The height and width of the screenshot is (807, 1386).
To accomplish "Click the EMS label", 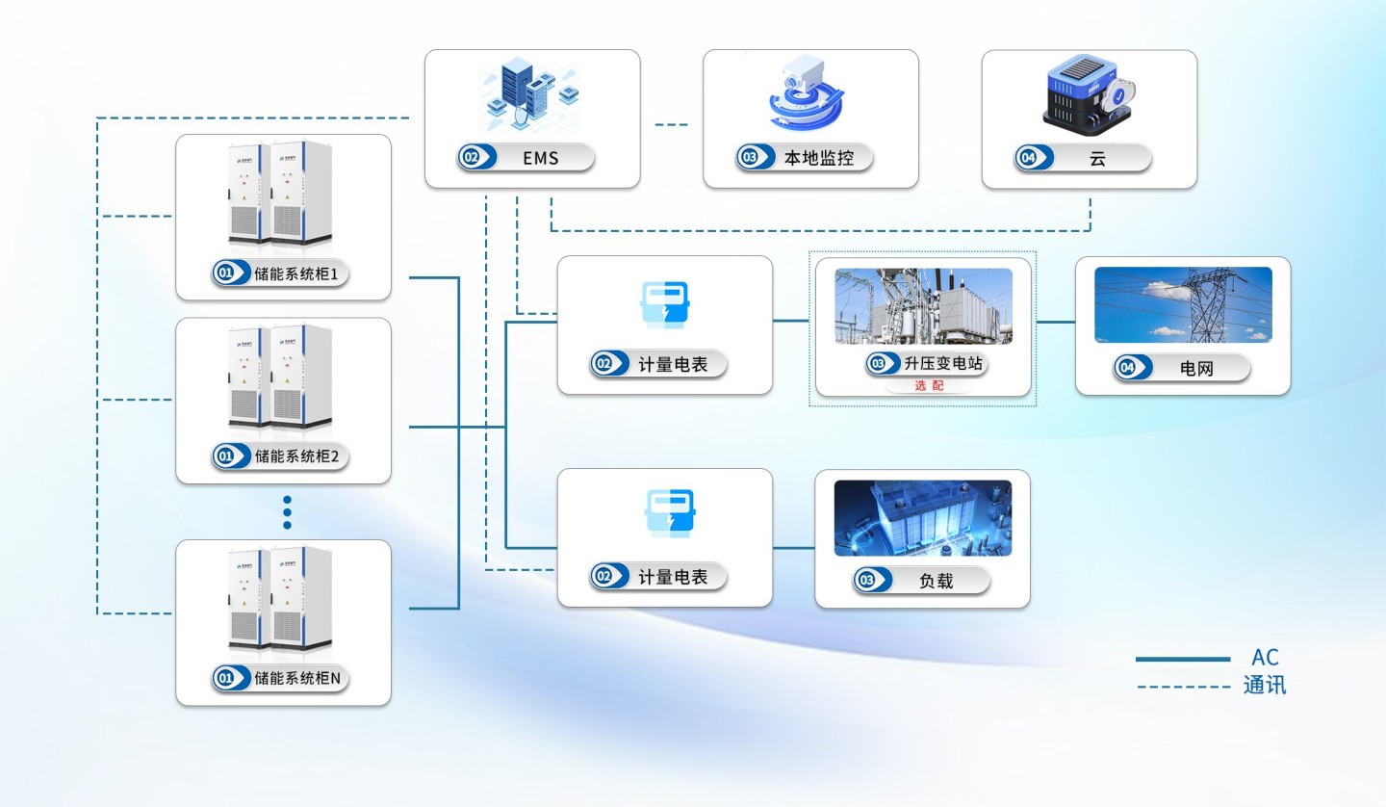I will [x=540, y=158].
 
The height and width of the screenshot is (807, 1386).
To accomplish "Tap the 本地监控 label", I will [x=818, y=158].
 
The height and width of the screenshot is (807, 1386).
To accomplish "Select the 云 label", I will [x=1097, y=158].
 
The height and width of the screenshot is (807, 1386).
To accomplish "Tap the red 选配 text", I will [x=929, y=386].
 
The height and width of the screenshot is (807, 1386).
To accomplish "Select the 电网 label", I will [x=1195, y=368].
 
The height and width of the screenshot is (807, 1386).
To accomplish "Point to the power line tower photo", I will [x=1183, y=304].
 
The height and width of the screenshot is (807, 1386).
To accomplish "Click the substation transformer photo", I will [x=923, y=305].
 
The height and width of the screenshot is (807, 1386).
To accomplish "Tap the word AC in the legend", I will [x=1265, y=659].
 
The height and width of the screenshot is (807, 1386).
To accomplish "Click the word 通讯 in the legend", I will [x=1265, y=687].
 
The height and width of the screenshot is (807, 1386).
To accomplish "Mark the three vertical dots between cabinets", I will [x=287, y=512].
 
